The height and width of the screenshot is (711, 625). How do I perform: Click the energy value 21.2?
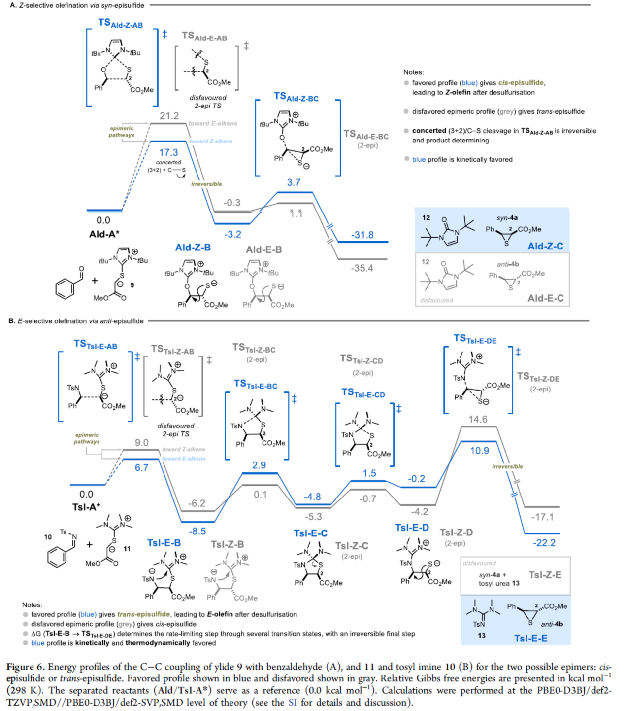169,116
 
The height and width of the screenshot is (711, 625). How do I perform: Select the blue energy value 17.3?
168,152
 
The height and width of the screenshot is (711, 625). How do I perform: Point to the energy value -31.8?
362,235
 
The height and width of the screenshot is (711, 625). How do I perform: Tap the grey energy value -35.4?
362,268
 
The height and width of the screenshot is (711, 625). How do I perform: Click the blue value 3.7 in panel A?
294,182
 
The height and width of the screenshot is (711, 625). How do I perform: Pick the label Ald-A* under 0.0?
104,234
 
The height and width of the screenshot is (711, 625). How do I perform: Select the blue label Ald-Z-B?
193,248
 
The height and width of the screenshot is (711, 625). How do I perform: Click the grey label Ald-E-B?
264,249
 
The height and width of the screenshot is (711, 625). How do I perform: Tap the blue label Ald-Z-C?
545,246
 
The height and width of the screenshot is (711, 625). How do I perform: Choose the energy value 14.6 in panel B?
478,419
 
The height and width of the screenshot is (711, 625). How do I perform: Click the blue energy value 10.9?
479,451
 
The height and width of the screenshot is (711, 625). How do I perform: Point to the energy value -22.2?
544,543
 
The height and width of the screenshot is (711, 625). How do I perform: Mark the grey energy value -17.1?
542,517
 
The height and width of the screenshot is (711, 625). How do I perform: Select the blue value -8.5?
197,531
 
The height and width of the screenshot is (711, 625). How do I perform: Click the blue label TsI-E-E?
530,638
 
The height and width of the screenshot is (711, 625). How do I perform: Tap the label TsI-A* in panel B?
86,507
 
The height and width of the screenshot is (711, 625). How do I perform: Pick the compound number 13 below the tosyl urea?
482,635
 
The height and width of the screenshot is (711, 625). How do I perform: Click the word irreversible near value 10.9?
507,466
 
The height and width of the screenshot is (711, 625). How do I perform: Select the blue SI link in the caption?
293,702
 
